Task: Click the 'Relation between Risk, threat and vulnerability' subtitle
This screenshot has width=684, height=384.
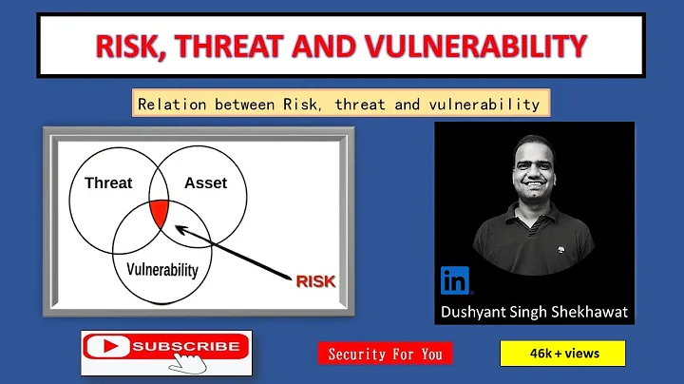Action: point(339,104)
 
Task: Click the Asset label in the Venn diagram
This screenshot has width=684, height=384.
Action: point(205,182)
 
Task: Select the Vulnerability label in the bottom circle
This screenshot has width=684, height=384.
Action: point(162,269)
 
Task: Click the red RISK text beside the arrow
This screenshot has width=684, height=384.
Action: point(316,281)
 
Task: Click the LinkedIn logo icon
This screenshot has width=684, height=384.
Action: point(455,280)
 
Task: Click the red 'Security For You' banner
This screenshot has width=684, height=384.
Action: point(385,354)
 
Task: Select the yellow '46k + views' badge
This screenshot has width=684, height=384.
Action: point(562,354)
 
